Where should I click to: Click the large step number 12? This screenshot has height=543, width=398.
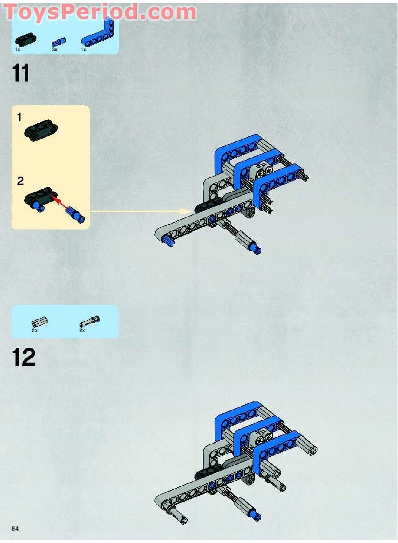tap(24, 358)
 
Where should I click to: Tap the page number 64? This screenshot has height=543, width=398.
tap(17, 528)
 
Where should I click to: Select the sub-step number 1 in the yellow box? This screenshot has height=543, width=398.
tap(19, 117)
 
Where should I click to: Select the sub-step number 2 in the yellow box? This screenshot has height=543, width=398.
tap(20, 181)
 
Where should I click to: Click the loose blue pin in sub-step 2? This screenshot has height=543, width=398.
tap(77, 214)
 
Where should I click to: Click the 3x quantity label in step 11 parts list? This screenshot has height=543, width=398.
tap(55, 49)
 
